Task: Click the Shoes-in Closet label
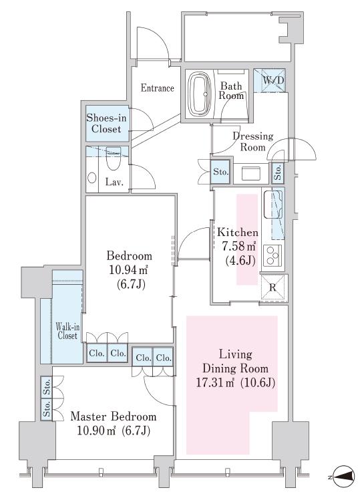106,124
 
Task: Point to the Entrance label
157,88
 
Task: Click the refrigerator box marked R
274,287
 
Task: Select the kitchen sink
273,205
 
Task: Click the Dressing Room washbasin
250,173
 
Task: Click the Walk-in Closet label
67,331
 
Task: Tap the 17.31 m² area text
214,384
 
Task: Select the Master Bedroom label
113,416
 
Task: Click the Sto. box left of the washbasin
220,172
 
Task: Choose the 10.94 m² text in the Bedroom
129,271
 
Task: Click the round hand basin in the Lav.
92,178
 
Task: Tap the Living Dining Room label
235,361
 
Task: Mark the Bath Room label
232,90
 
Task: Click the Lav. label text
114,182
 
